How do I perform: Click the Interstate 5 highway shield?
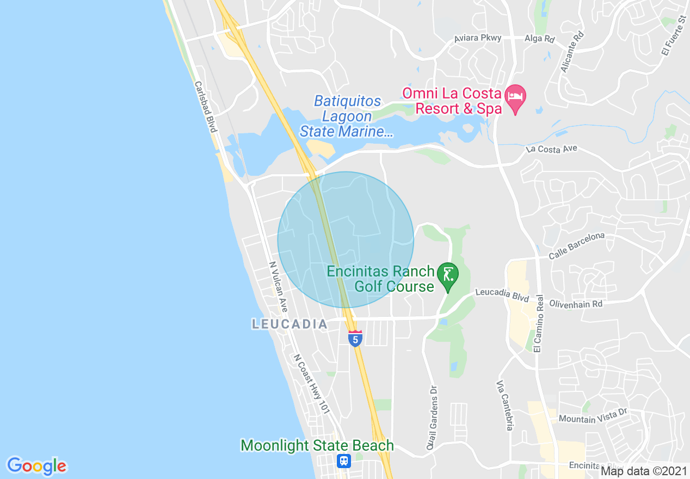(x=355, y=339)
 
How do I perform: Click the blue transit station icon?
(x=344, y=461)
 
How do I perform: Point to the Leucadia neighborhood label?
(x=289, y=324)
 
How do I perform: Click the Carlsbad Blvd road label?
(x=206, y=107)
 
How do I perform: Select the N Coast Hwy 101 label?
(x=312, y=384)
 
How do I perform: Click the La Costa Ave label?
(x=551, y=149)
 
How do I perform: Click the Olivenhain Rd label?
(x=576, y=304)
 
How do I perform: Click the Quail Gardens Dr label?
(x=433, y=417)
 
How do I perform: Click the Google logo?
(x=37, y=466)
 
